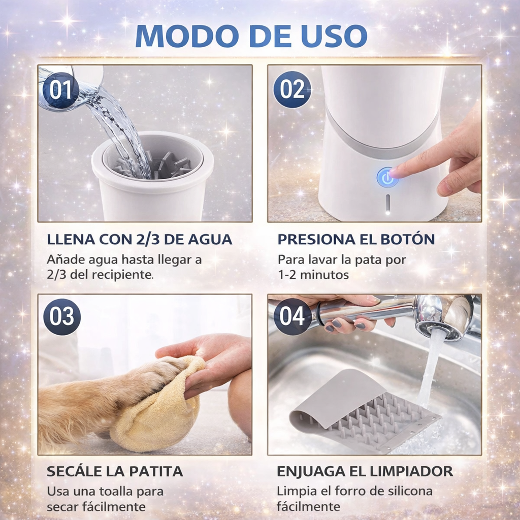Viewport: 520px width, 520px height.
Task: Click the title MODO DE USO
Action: click(x=251, y=36)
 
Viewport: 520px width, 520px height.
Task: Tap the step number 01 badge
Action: click(x=61, y=90)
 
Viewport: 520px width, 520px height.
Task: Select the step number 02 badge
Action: click(x=292, y=89)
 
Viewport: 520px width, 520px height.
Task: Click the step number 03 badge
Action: click(x=62, y=317)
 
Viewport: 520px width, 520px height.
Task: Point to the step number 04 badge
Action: click(x=292, y=317)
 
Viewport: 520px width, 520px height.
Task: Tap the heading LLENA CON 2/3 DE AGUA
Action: click(x=140, y=239)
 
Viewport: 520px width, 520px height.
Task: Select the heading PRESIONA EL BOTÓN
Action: click(x=356, y=239)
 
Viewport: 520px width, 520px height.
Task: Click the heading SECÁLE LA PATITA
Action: click(x=115, y=471)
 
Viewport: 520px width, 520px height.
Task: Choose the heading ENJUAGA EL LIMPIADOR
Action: click(x=365, y=471)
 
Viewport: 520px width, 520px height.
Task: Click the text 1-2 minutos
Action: click(x=313, y=275)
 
